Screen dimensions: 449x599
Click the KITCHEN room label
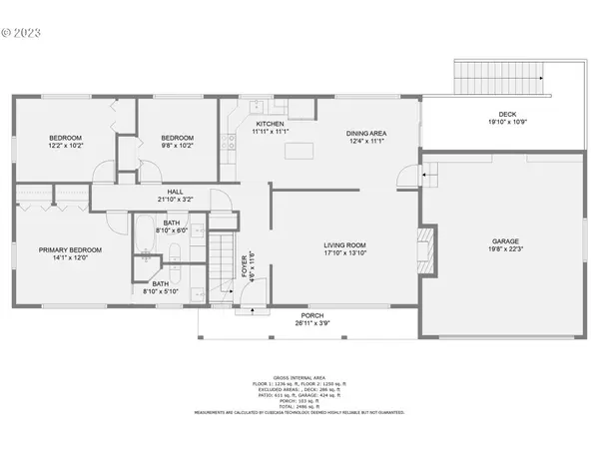coord(270,123)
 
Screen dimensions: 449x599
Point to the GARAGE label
coord(505,240)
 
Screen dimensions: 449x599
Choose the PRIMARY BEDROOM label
coord(65,249)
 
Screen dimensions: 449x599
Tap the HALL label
coord(175,191)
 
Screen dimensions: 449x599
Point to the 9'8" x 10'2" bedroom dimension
coord(177,146)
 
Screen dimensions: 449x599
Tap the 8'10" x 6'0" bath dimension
coord(172,229)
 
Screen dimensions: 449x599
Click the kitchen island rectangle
coord(297,151)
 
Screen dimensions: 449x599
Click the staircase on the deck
coord(497,76)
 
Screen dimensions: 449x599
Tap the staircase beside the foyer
coord(218,262)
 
